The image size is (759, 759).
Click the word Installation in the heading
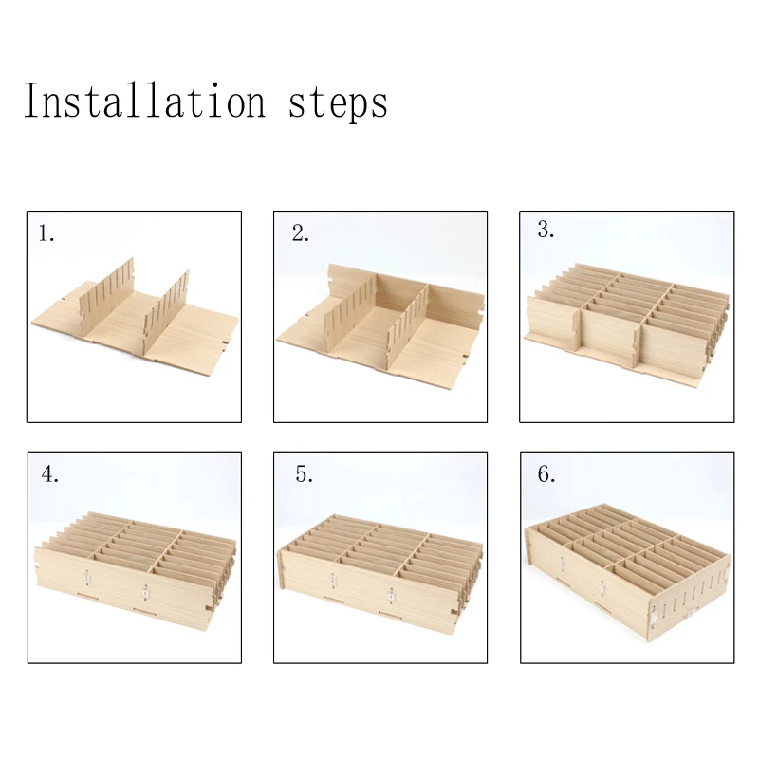pyautogui.click(x=145, y=101)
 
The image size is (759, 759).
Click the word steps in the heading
pyautogui.click(x=338, y=103)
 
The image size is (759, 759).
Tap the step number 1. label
pyautogui.click(x=46, y=233)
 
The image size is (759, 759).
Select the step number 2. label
pyautogui.click(x=300, y=233)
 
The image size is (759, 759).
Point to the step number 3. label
pyautogui.click(x=546, y=230)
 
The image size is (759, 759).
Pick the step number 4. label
pyautogui.click(x=50, y=474)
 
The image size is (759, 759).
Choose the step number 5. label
pyautogui.click(x=304, y=474)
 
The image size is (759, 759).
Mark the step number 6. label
pyautogui.click(x=546, y=474)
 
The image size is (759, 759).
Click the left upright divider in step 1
pyautogui.click(x=106, y=297)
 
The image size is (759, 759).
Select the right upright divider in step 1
pyautogui.click(x=167, y=310)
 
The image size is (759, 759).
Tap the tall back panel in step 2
pyautogui.click(x=406, y=292)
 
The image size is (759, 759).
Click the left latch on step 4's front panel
pyautogui.click(x=86, y=577)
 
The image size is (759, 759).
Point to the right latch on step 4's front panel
pyautogui.click(x=145, y=592)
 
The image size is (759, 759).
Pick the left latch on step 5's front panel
pyautogui.click(x=333, y=580)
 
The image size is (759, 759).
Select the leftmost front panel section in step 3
pyautogui.click(x=553, y=323)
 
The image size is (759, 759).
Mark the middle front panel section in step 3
pyautogui.click(x=611, y=336)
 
